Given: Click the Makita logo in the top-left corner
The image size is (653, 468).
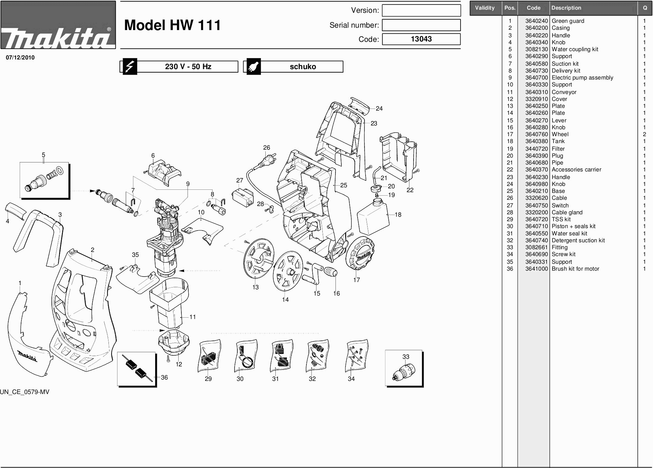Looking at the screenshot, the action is pyautogui.click(x=58, y=25).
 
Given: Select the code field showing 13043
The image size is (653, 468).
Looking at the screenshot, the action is pyautogui.click(x=421, y=39).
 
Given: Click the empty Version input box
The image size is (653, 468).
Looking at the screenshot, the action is pyautogui.click(x=421, y=10).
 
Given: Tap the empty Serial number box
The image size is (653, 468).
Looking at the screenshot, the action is pyautogui.click(x=421, y=25).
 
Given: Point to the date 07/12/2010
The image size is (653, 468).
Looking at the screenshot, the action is pyautogui.click(x=20, y=58).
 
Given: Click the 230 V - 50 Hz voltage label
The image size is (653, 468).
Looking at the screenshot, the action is pyautogui.click(x=188, y=67).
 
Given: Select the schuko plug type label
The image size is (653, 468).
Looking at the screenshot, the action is pyautogui.click(x=303, y=67).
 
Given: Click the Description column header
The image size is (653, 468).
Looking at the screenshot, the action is pyautogui.click(x=566, y=8).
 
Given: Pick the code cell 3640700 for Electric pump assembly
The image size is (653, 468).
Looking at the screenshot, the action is pyautogui.click(x=537, y=78).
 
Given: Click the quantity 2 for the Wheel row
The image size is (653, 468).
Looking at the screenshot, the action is pyautogui.click(x=644, y=134).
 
